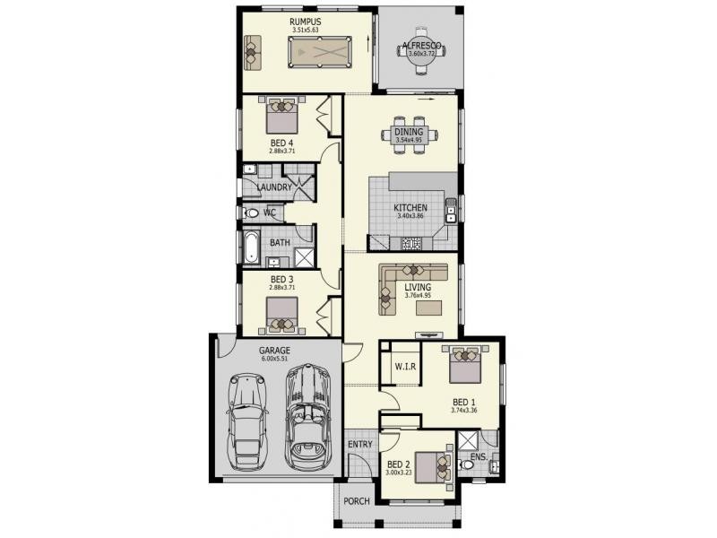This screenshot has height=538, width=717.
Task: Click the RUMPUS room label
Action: click(305, 22)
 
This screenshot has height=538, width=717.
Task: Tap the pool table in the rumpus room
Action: click(320, 53)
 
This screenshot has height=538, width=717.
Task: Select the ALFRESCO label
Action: click(421, 46)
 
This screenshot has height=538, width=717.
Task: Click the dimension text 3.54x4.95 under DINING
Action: click(409, 140)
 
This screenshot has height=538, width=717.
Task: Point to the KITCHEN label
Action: click(410, 208)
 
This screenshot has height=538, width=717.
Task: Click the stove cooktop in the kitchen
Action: click(411, 243)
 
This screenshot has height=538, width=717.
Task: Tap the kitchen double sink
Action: click(451, 211)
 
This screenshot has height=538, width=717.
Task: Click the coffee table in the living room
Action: click(429, 308)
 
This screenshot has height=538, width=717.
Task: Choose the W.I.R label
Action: click(405, 367)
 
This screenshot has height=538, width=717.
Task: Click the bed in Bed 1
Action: click(465, 364)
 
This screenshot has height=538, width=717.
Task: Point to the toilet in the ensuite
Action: click(466, 464)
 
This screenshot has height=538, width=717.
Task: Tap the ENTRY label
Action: click(360, 444)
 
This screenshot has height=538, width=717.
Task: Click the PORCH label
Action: click(356, 501)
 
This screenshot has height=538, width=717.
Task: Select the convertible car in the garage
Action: click(307, 416)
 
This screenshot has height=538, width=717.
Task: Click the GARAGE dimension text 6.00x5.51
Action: click(274, 359)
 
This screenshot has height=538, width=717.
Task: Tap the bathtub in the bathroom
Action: click(251, 247)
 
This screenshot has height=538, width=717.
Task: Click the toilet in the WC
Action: click(251, 213)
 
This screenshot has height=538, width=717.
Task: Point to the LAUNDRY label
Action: click(274, 187)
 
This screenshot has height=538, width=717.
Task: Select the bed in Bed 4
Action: click(281, 116)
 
